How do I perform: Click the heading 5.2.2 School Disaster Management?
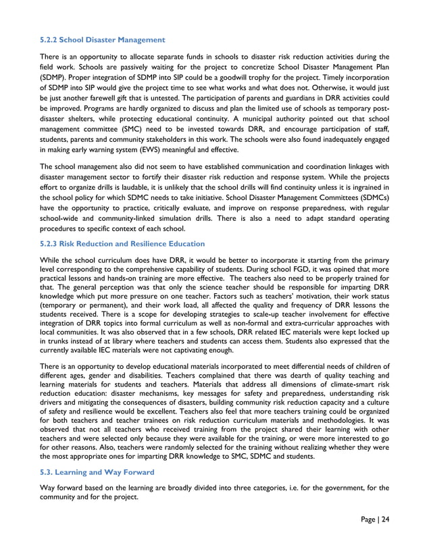[x=103, y=40]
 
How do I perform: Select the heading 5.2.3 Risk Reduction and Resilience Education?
[x=122, y=243]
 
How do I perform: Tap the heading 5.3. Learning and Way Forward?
[x=97, y=472]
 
